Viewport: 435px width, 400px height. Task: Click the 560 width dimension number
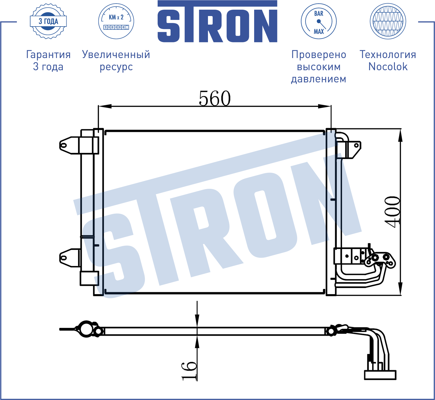pyautogui.click(x=215, y=98)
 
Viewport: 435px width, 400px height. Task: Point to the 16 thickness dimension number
pyautogui.click(x=189, y=371)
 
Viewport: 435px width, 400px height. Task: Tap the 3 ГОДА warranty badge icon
pyautogui.click(x=48, y=21)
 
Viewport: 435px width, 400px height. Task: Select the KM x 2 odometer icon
pyautogui.click(x=116, y=21)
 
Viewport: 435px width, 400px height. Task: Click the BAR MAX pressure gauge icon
pyautogui.click(x=319, y=21)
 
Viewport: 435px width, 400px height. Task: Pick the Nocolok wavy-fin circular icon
pyautogui.click(x=388, y=21)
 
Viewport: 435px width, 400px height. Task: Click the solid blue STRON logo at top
pyautogui.click(x=217, y=21)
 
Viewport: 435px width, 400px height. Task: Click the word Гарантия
pyautogui.click(x=48, y=54)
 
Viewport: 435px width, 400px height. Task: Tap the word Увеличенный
pyautogui.click(x=116, y=54)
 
